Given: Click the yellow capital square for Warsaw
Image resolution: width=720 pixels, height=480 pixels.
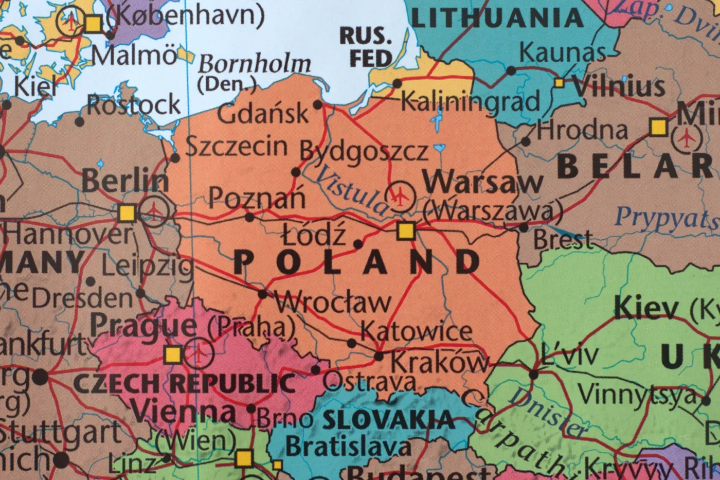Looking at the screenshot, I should [x=406, y=231].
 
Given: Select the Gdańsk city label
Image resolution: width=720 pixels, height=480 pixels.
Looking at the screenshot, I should [x=263, y=113].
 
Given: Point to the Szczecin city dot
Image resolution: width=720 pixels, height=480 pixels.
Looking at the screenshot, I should [x=175, y=158].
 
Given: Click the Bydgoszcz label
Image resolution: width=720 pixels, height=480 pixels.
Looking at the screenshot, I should [x=364, y=151].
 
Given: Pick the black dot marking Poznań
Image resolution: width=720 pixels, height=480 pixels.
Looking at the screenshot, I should [x=249, y=218].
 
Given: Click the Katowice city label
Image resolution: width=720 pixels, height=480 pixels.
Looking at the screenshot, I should [x=416, y=331].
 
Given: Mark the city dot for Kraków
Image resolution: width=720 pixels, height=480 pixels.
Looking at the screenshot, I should [x=379, y=356].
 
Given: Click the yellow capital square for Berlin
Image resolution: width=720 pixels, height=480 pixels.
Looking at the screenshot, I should [x=127, y=212].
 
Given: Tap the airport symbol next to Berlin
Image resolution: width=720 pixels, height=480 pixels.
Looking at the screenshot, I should [x=154, y=210].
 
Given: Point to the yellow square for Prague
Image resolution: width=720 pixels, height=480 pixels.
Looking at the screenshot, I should [x=173, y=354].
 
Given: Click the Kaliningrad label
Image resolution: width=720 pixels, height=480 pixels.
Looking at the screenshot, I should [x=470, y=101].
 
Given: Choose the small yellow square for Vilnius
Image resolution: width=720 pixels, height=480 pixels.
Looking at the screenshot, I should [x=559, y=82].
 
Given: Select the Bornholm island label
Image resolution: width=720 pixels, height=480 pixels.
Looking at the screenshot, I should [x=255, y=65].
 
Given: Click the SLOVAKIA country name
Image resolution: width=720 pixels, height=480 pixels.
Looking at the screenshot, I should [x=388, y=420].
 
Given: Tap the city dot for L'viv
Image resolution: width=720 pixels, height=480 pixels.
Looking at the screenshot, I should [x=534, y=375].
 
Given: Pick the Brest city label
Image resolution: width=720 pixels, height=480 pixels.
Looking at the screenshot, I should [x=563, y=240].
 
